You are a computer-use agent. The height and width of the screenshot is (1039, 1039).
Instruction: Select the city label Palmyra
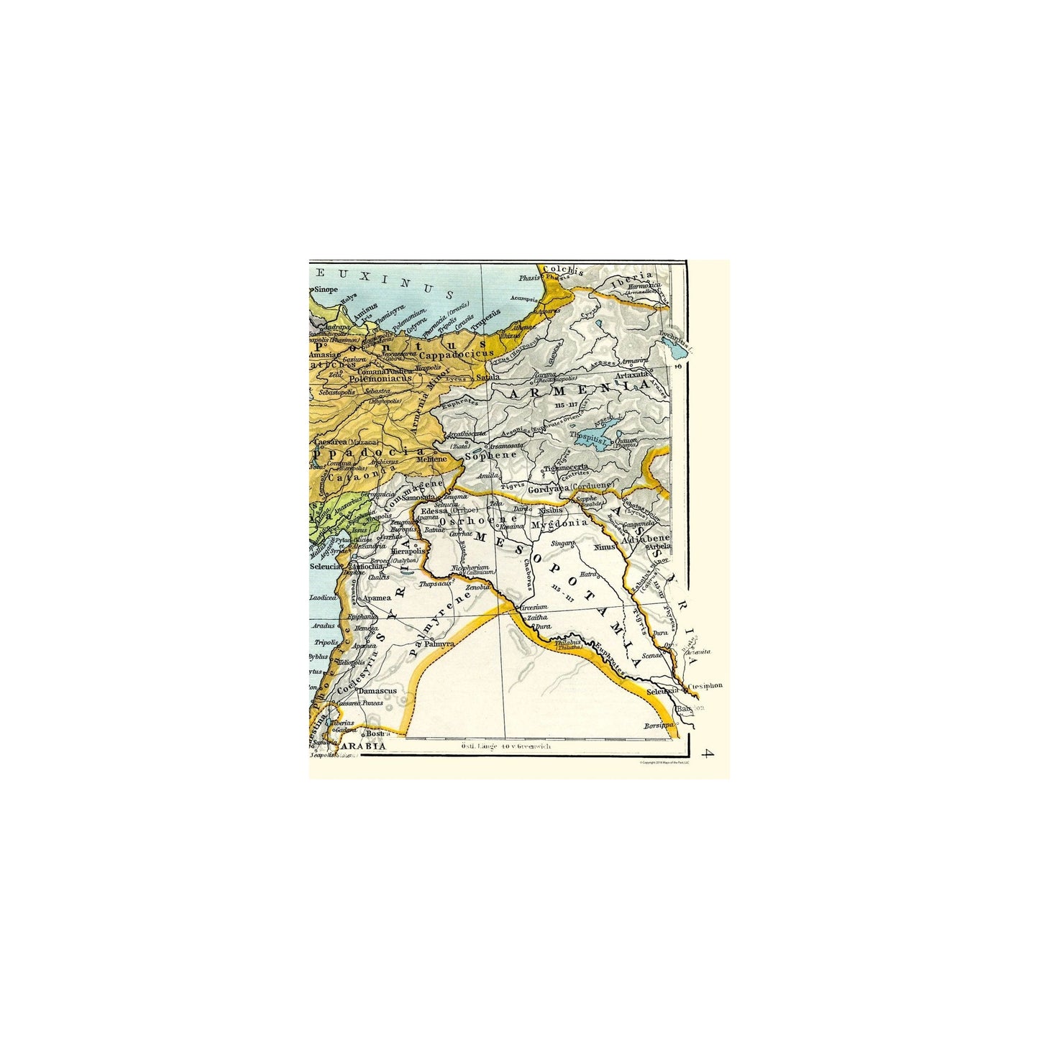439,644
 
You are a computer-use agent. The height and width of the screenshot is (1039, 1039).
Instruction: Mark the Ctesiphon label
705,687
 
